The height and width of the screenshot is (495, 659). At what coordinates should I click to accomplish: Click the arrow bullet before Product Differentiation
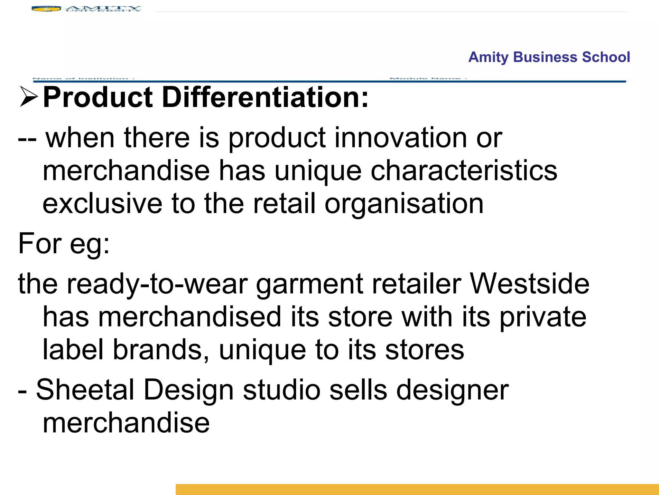pos(29,97)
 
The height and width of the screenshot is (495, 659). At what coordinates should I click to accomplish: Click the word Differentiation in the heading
pos(265,97)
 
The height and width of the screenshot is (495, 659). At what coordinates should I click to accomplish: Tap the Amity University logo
pos(86,9)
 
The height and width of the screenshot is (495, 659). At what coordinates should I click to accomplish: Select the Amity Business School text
pos(549,57)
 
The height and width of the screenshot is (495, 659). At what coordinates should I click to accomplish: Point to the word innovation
pos(401,138)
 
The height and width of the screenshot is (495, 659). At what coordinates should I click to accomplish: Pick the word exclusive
pos(102,204)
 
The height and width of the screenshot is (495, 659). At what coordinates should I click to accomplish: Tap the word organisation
pos(404,204)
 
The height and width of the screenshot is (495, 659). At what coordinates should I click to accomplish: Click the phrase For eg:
pos(64,244)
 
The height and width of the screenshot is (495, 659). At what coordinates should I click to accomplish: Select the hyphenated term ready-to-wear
pos(157,284)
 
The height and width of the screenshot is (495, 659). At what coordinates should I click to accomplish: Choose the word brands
pos(161,350)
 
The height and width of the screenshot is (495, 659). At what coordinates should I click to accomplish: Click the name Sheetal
pos(85,390)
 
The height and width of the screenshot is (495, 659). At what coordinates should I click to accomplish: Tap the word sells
pos(358,390)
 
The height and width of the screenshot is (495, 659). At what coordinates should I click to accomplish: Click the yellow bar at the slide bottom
pos(417,489)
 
